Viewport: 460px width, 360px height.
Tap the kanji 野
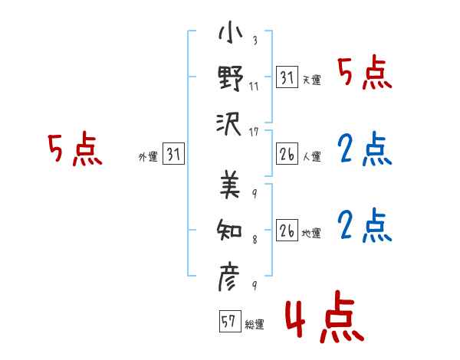tap(230, 78)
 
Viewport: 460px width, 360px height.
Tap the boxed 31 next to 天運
tap(287, 77)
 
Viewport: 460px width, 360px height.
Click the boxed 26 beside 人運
tap(287, 155)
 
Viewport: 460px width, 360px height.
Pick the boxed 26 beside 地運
tap(287, 231)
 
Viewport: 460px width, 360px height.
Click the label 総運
tap(255, 324)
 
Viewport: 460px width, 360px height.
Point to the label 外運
tap(147, 157)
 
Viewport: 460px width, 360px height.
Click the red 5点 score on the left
tap(75, 149)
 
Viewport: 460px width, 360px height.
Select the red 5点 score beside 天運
tap(365, 74)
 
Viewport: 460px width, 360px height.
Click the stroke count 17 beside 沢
tap(255, 131)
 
